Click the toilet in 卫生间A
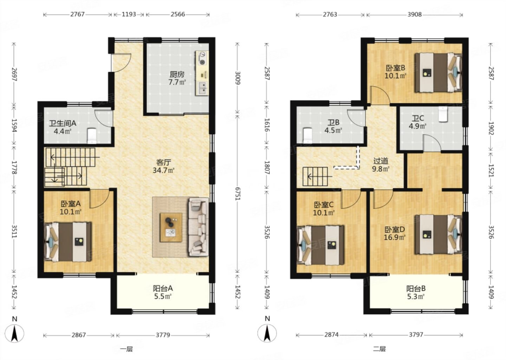coord(92,136)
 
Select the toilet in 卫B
coord(307,136)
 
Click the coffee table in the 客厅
coord(171,227)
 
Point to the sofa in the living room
coord(199,227)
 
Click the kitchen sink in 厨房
coord(203,88)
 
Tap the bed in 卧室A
coord(68,242)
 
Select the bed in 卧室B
coord(438,72)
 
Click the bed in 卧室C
coord(320,245)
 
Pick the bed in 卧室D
coord(438,234)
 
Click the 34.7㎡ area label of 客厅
coord(163,170)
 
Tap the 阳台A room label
coord(163,288)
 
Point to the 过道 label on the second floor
coord(381,161)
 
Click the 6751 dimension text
coord(238,193)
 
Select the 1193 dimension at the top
coord(129,14)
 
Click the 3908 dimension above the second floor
coord(415,14)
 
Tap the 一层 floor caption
coord(126,349)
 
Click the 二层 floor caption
coord(379,349)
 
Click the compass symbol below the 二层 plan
coord(267,334)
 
